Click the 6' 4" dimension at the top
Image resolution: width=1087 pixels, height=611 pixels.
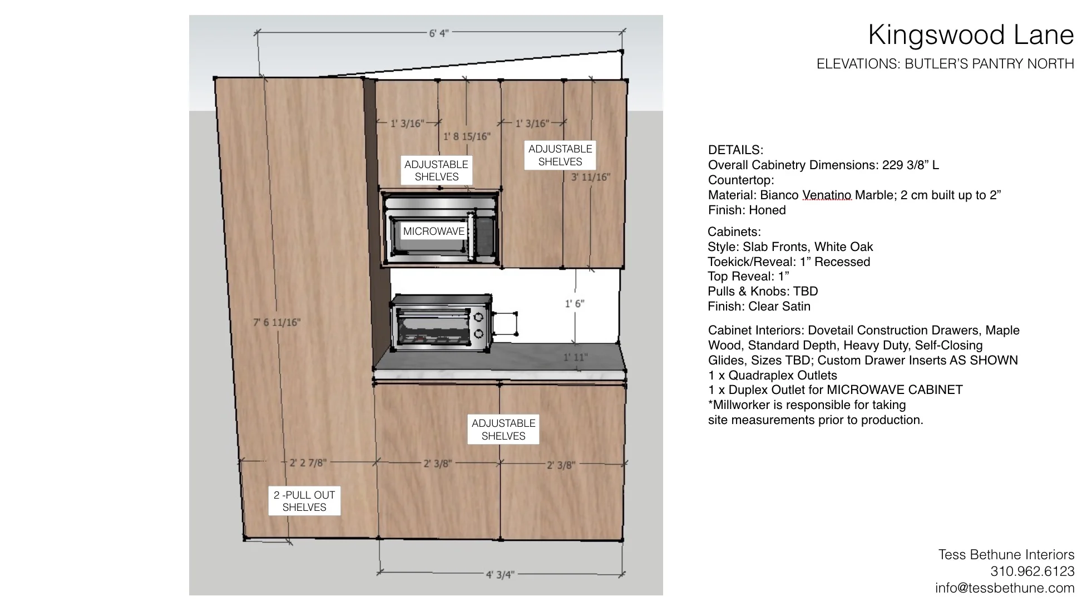pyautogui.click(x=438, y=33)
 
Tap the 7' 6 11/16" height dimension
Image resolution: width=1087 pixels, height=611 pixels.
pyautogui.click(x=276, y=322)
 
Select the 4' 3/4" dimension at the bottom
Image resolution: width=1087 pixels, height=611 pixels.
pyautogui.click(x=500, y=574)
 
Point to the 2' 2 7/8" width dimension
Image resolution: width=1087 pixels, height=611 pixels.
pyautogui.click(x=308, y=462)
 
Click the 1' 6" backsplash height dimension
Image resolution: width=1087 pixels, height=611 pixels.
pyautogui.click(x=575, y=304)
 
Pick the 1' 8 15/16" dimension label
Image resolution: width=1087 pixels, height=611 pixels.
pyautogui.click(x=467, y=136)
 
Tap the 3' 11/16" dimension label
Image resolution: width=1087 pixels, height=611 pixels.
pyautogui.click(x=590, y=177)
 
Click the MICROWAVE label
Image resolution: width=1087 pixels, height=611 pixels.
pyautogui.click(x=433, y=231)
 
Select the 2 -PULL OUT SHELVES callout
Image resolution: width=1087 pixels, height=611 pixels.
pyautogui.click(x=304, y=501)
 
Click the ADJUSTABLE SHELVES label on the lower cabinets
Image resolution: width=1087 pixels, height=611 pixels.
pyautogui.click(x=503, y=430)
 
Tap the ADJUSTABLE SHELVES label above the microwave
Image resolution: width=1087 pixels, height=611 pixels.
pyautogui.click(x=437, y=170)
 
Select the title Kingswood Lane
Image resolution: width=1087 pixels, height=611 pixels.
pyautogui.click(x=971, y=35)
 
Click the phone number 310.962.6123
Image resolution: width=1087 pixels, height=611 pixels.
pyautogui.click(x=1032, y=571)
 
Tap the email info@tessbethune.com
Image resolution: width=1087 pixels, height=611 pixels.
pyautogui.click(x=1005, y=588)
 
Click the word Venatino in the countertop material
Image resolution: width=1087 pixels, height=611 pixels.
pyautogui.click(x=827, y=195)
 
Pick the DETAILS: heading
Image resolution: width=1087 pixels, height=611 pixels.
pyautogui.click(x=735, y=150)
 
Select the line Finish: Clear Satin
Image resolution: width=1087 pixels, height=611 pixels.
pyautogui.click(x=759, y=307)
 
